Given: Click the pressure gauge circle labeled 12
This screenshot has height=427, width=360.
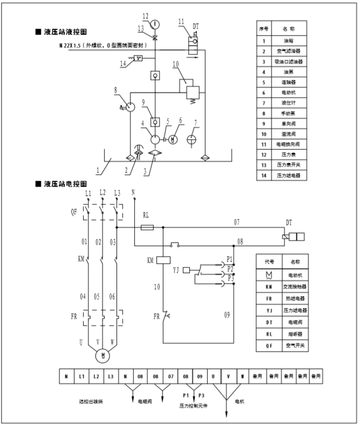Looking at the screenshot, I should pyautogui.click(x=155, y=24).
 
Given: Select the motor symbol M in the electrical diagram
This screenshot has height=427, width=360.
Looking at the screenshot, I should pyautogui.click(x=102, y=355).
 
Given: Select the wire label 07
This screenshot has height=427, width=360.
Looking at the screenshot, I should pyautogui.click(x=236, y=222).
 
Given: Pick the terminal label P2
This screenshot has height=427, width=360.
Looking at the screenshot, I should pyautogui.click(x=229, y=268).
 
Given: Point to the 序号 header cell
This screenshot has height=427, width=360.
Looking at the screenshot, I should pyautogui.click(x=263, y=27).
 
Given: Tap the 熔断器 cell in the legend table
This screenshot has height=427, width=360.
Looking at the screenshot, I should pyautogui.click(x=295, y=333).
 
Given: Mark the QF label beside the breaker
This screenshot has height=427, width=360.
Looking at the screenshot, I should pyautogui.click(x=74, y=212).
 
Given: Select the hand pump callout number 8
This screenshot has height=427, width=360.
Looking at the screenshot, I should pyautogui.click(x=115, y=89).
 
